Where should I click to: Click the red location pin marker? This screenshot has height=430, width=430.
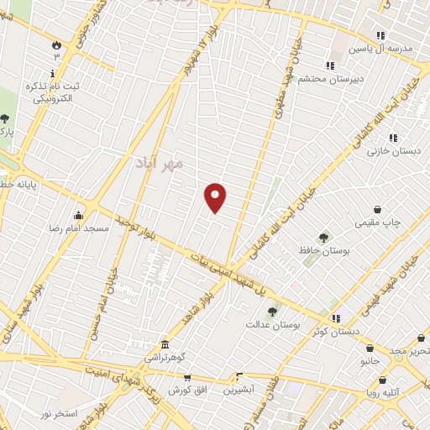coord(216,197)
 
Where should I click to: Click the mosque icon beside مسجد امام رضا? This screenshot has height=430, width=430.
coord(79,216)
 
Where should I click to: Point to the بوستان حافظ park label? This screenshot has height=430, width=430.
coord(323,250)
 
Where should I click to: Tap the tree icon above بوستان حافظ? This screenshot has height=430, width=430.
coord(323,238)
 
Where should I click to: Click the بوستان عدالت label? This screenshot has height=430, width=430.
coord(270,322)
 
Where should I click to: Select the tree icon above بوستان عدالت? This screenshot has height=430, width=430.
coord(271,311)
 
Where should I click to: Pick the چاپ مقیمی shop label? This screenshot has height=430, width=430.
coord(380,223)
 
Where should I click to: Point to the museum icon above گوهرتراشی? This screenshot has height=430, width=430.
coord(165,344)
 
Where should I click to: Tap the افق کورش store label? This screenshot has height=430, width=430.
coord(186,391)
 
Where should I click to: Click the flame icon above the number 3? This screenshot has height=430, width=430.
coord(57,44)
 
